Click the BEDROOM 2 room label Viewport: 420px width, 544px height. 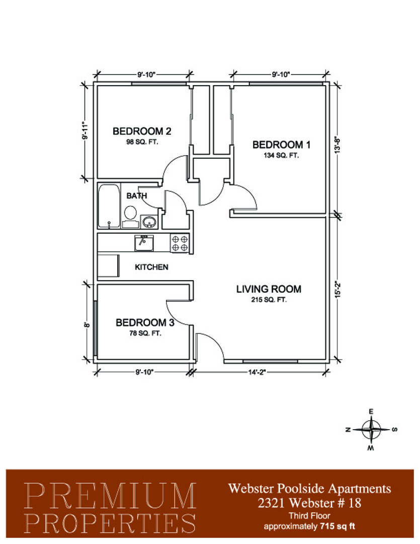(x=142, y=131)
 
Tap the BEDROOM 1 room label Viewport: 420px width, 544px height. (x=281, y=145)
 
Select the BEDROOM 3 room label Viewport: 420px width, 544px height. (x=145, y=323)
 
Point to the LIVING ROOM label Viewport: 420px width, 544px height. (x=269, y=289)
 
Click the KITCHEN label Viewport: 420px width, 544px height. (x=151, y=267)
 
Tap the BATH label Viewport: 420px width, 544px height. (x=136, y=196)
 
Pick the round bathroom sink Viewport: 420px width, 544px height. (x=149, y=222)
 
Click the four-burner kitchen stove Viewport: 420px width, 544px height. (x=180, y=243)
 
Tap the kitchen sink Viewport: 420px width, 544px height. (x=144, y=243)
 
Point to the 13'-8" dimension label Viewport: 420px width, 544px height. (x=338, y=145)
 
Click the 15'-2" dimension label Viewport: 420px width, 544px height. (x=338, y=289)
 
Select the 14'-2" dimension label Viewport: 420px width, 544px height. (x=257, y=372)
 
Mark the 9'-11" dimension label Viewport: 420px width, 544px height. (x=85, y=130)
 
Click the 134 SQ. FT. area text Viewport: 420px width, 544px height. (x=281, y=156)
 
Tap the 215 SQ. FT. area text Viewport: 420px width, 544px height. (x=269, y=300)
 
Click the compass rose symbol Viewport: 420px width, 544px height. (x=371, y=430)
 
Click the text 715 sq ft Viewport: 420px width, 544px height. (x=338, y=526)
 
